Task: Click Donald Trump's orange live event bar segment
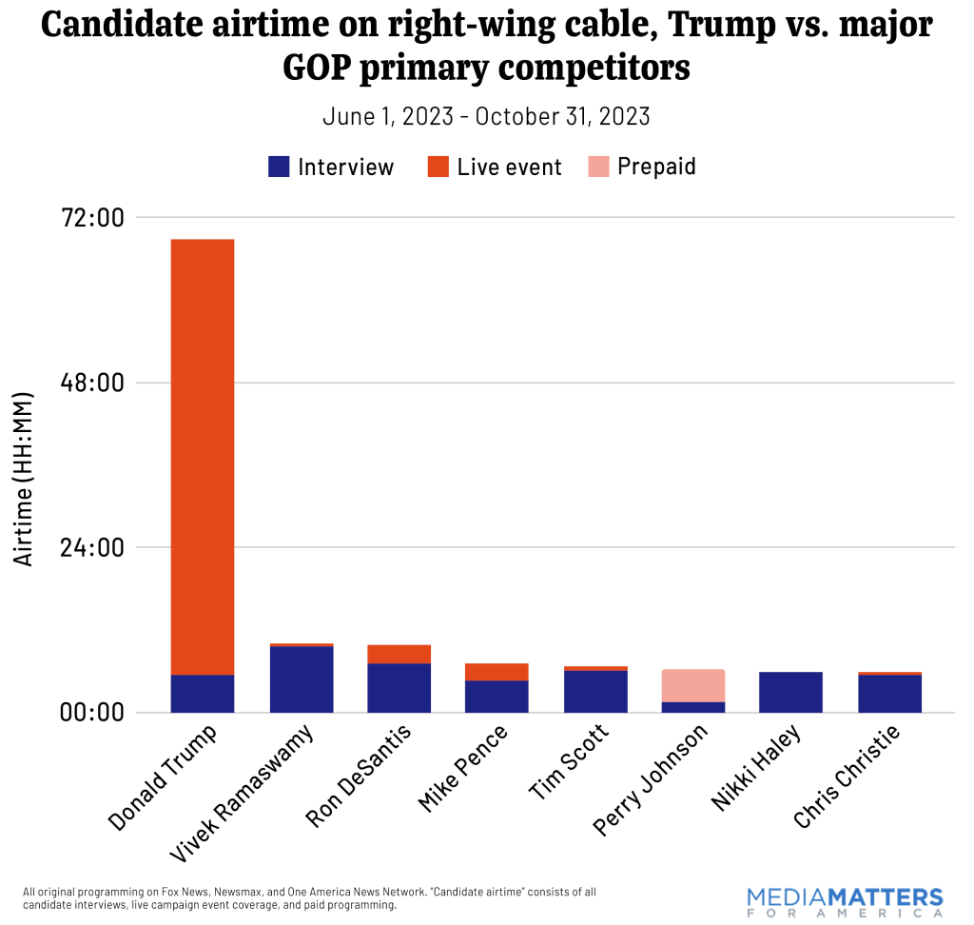click(203, 457)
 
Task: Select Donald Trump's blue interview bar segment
click(203, 693)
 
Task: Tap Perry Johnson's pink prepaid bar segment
click(693, 685)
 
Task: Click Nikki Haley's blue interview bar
click(790, 692)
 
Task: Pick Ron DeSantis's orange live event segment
click(399, 654)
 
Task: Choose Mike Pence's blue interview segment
click(497, 696)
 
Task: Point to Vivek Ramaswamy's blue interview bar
click(302, 679)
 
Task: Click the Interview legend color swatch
click(279, 167)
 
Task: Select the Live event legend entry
click(495, 167)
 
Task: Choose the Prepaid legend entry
click(642, 167)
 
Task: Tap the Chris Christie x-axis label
click(847, 776)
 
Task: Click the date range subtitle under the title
click(486, 116)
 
